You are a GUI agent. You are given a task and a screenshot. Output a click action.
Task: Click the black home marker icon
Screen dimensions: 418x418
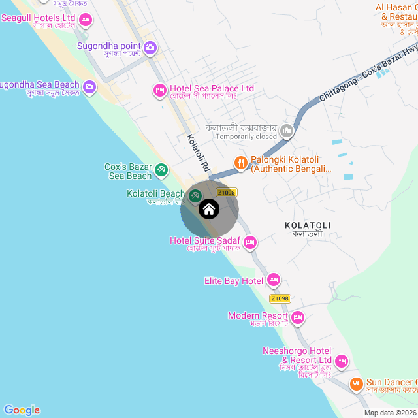208,209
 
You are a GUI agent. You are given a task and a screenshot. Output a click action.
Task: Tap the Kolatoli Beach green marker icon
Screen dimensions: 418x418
195,195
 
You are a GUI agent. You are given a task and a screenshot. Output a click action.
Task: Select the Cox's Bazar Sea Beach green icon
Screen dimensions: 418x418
161,171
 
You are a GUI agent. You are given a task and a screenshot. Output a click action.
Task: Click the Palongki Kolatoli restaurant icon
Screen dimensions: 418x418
241,163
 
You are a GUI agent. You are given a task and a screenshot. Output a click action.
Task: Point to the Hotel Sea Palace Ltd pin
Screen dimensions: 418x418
159,89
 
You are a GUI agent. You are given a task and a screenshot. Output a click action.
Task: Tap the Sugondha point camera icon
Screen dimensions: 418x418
150,47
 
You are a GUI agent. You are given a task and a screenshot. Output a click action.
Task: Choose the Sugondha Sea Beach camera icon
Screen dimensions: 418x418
89,86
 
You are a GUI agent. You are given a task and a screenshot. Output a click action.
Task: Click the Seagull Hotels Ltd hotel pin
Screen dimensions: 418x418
85,20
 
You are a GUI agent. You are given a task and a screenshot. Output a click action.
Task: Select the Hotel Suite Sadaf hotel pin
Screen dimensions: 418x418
249,243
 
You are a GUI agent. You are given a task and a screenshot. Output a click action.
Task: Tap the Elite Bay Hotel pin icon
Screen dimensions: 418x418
273,281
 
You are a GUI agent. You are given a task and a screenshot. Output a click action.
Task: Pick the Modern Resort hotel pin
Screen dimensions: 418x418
298,318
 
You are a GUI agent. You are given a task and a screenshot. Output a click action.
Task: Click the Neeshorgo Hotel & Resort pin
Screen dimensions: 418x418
341,361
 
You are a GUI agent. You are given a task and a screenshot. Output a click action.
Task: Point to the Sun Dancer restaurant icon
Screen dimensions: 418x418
356,384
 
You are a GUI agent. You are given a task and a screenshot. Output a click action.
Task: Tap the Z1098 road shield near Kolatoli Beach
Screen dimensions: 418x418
226,193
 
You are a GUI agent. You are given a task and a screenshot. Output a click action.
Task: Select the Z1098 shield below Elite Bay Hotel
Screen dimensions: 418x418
279,298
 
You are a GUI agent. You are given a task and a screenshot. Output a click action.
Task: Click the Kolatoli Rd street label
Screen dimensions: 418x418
197,153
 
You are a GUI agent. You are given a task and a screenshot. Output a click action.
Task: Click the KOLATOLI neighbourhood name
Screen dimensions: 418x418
308,225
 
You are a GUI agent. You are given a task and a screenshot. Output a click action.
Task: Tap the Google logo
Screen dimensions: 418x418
22,410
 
